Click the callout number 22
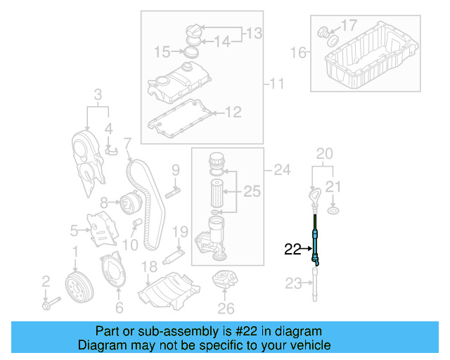(292, 248)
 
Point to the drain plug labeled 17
(326, 32)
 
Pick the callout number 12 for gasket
(232, 112)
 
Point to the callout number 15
(162, 51)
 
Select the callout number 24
(281, 169)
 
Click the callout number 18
(148, 266)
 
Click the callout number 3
(98, 95)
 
